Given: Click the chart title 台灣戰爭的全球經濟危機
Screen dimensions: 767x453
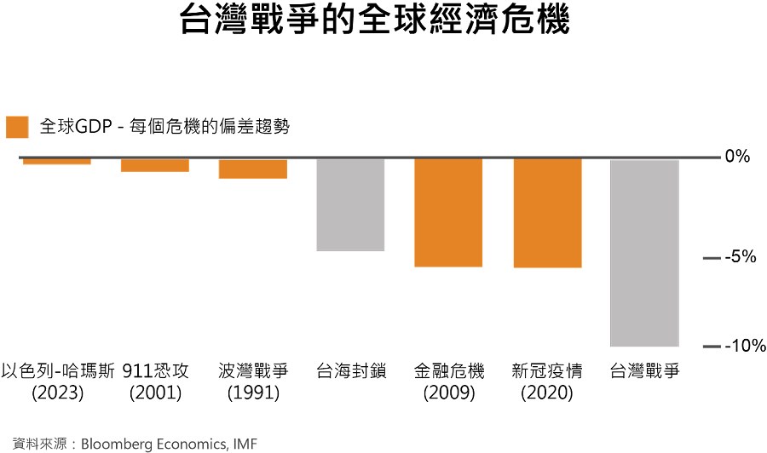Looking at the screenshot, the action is (x=375, y=20).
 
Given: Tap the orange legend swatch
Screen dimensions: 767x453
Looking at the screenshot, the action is (x=17, y=127).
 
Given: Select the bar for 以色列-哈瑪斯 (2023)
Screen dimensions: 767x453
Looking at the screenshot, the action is (x=57, y=161).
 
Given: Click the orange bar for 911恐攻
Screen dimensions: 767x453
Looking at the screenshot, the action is (x=155, y=165).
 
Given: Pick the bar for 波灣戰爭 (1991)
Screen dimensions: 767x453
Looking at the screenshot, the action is (x=253, y=169).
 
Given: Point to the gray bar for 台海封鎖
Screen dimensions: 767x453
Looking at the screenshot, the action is (x=351, y=204).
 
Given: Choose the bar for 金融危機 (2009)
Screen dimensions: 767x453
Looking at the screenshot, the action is (x=448, y=213).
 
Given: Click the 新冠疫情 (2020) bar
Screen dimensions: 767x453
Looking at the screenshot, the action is (x=547, y=213).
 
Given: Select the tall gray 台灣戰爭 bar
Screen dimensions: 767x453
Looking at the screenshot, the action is (x=645, y=253).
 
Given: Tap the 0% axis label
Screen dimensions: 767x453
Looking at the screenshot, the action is (x=737, y=157).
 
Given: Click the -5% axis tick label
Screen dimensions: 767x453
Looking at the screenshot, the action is (x=741, y=256).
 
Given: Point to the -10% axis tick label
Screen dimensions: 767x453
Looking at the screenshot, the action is (x=745, y=346).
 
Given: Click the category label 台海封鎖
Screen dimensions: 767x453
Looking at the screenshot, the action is (x=351, y=371).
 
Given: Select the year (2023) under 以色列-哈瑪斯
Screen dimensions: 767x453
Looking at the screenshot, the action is (x=58, y=393).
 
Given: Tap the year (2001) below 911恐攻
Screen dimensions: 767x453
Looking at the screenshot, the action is (x=156, y=393).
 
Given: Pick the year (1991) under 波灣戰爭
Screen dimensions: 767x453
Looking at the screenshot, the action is (x=253, y=393).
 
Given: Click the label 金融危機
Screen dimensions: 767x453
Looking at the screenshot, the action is (x=449, y=371).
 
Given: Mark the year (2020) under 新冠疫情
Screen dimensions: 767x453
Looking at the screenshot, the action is (x=547, y=393).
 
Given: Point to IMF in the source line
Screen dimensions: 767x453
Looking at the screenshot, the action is (x=245, y=444).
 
